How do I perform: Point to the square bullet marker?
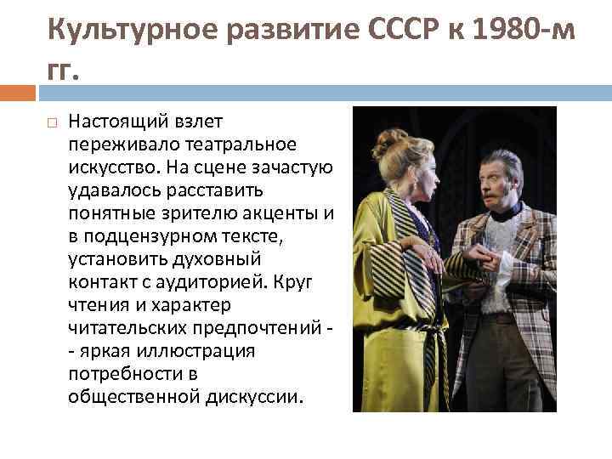52,124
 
